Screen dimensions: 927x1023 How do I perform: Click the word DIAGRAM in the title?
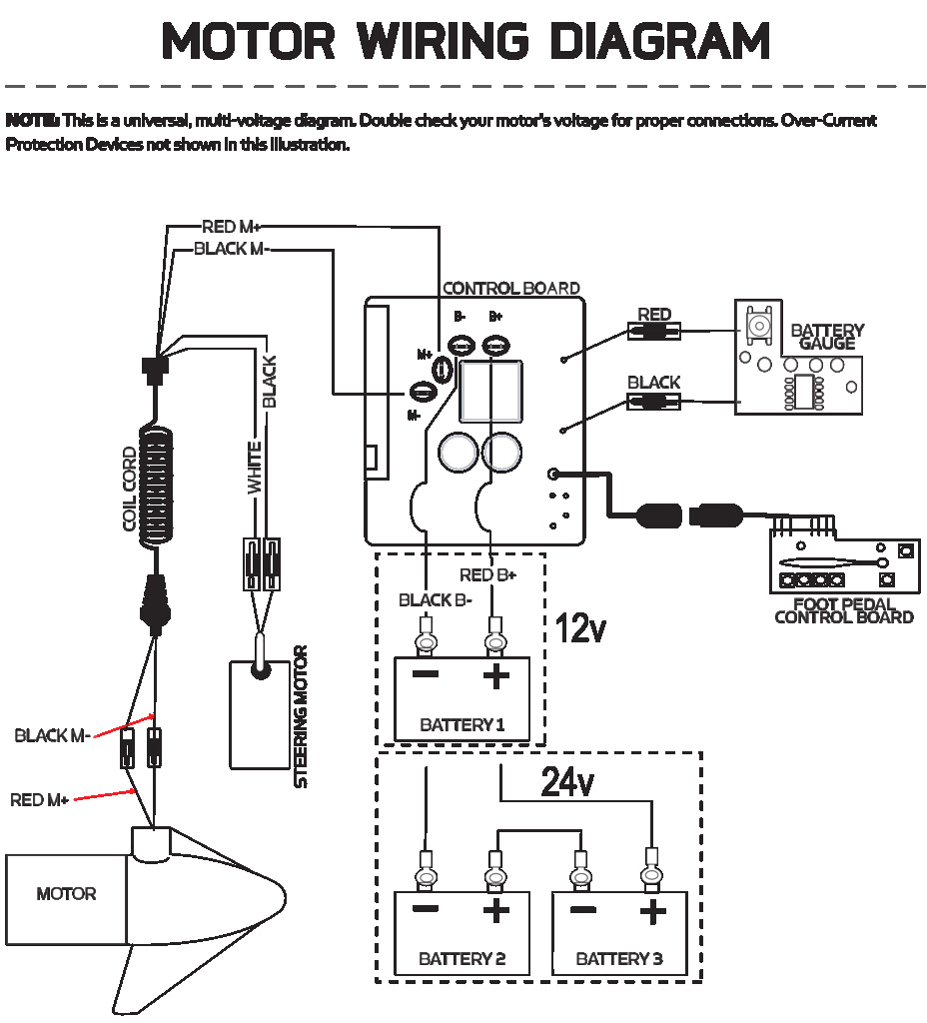[660, 40]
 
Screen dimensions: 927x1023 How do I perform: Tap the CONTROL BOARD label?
[510, 289]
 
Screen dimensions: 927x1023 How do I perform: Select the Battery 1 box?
[462, 698]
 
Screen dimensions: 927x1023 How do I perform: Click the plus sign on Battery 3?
[653, 911]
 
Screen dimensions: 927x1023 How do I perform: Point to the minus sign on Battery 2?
[426, 908]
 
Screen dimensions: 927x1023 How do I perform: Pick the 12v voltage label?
[580, 628]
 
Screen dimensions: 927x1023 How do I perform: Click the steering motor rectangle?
[260, 715]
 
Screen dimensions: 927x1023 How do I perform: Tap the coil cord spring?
[156, 485]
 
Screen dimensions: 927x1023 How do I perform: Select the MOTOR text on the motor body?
[66, 894]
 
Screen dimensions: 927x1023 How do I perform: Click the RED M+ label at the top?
[231, 227]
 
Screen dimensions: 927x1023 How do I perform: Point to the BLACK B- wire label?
[436, 600]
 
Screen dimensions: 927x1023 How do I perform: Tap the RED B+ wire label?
[487, 575]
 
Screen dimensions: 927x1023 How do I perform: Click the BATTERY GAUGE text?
[827, 337]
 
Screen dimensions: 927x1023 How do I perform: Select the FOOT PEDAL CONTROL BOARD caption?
[843, 611]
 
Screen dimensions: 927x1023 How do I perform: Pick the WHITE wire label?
[254, 468]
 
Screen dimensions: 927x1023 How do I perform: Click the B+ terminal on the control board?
[495, 345]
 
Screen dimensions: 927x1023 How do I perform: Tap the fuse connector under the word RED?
[653, 332]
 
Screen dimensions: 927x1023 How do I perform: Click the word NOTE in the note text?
[32, 121]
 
